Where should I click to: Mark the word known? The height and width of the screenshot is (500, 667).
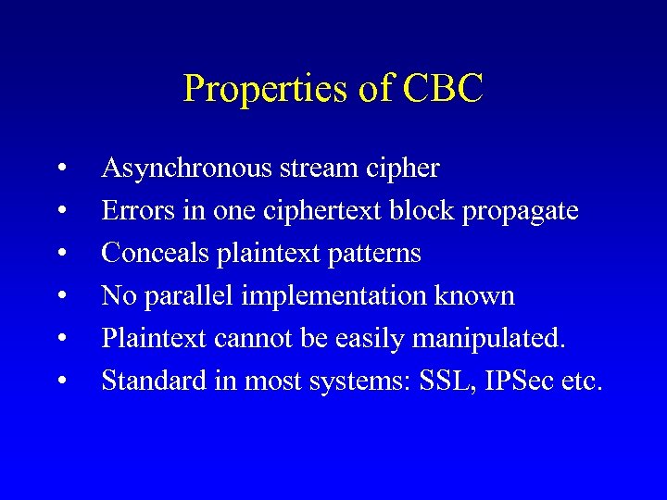[x=478, y=295]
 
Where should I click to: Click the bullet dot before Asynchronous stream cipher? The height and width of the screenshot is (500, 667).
[x=60, y=169]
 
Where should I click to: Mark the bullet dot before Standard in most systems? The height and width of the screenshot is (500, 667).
[x=60, y=381]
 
